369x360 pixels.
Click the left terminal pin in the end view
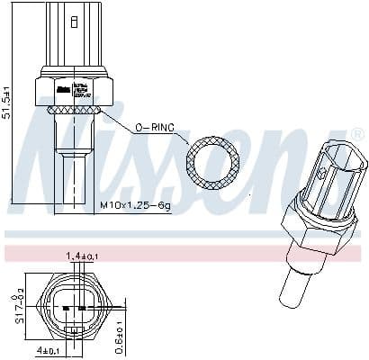[67, 307]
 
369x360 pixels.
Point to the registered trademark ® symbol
[357, 134]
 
